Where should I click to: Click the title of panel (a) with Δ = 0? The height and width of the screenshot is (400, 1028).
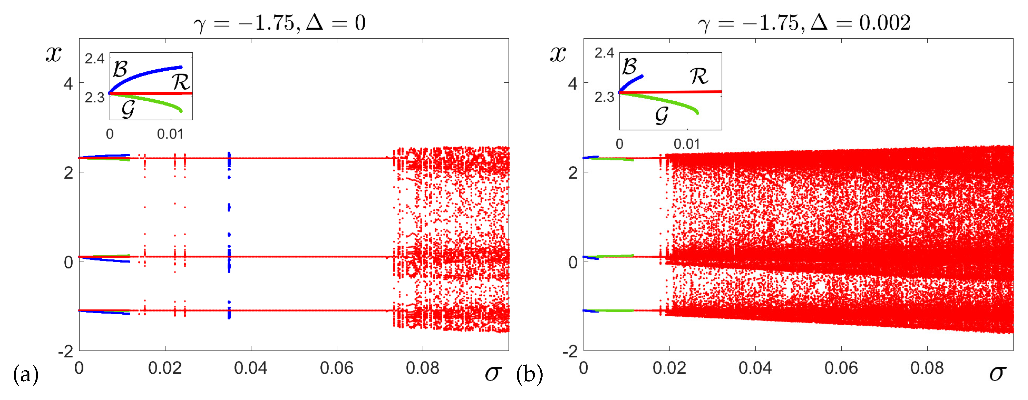(x=279, y=23)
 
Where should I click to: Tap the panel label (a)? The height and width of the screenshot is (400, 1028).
(x=25, y=375)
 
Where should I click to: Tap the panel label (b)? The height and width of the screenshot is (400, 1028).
(x=529, y=375)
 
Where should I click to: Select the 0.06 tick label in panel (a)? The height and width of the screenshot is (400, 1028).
(x=336, y=368)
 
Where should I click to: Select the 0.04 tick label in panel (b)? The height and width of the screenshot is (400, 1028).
(x=755, y=368)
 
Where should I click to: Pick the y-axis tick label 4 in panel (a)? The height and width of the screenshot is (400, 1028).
(x=68, y=84)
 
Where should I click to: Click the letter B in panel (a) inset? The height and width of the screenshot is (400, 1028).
(x=120, y=69)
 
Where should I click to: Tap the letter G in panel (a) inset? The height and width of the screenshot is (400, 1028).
(x=128, y=109)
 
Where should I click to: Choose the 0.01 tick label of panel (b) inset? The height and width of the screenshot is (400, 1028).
(x=686, y=144)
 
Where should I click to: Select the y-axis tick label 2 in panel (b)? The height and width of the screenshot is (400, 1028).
(x=573, y=173)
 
